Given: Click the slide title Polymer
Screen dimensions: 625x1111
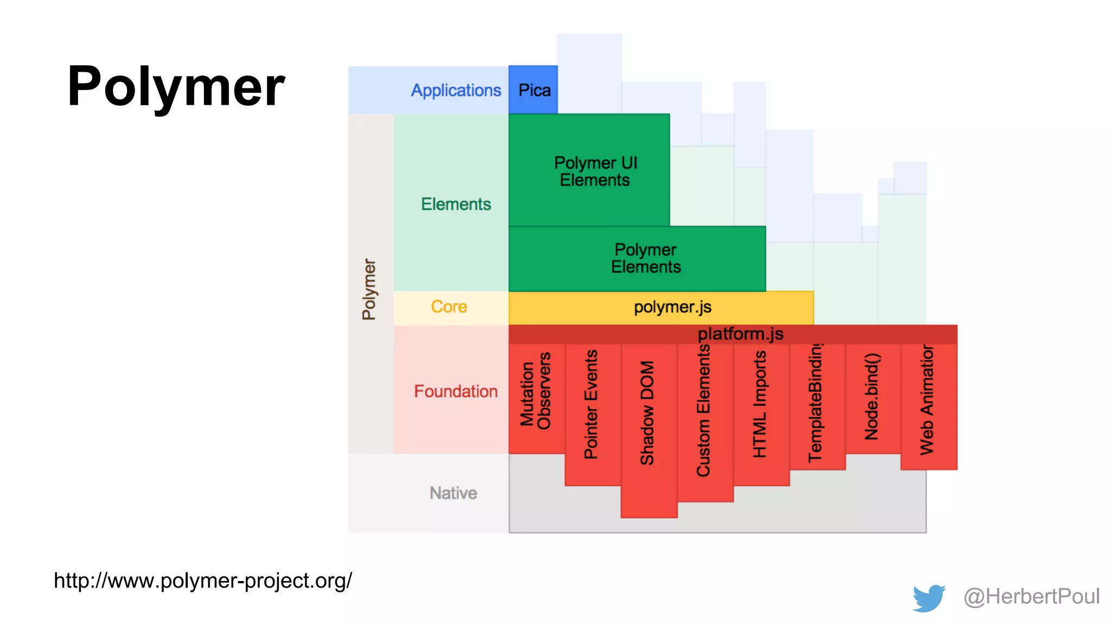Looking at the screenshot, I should click(176, 87).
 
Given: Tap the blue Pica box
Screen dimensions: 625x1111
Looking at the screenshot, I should click(534, 90).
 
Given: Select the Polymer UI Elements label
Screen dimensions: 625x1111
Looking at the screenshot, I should click(595, 171).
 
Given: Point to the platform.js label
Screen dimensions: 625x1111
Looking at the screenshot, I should click(740, 334).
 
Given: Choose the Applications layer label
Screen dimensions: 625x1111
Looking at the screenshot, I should click(456, 90).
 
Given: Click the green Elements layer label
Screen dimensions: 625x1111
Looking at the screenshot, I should click(456, 204).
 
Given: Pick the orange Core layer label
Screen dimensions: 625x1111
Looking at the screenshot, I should click(449, 307).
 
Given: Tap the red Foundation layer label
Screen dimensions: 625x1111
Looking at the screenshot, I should click(455, 391).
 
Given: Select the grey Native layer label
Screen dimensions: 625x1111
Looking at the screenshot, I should click(453, 493).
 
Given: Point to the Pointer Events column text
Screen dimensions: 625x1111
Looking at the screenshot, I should click(591, 404).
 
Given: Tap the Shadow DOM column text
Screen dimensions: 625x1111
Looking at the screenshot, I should click(647, 413).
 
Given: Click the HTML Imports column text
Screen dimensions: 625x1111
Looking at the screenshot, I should click(759, 404).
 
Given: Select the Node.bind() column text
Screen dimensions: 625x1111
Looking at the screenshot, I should click(871, 397).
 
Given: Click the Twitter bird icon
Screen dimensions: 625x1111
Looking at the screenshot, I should click(929, 598).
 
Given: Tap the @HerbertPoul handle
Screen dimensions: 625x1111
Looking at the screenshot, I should click(1031, 597).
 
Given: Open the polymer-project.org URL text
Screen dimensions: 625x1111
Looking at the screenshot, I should click(203, 581).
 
